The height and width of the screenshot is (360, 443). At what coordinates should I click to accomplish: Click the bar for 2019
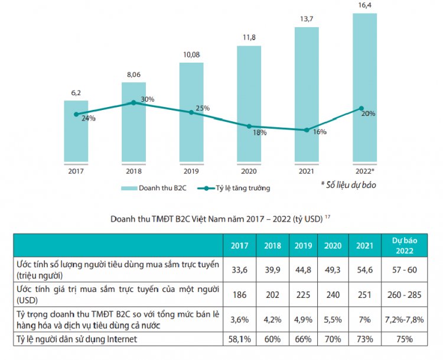point(191,112)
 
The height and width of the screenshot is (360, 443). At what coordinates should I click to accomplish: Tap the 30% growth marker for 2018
point(133,103)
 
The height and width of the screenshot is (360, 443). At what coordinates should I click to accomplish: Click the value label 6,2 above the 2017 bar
point(76,93)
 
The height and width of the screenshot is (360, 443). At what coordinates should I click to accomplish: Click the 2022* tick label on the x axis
point(364,171)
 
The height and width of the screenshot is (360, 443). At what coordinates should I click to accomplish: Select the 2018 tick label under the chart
point(133,171)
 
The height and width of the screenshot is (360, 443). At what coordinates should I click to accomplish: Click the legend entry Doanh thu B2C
point(151,188)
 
